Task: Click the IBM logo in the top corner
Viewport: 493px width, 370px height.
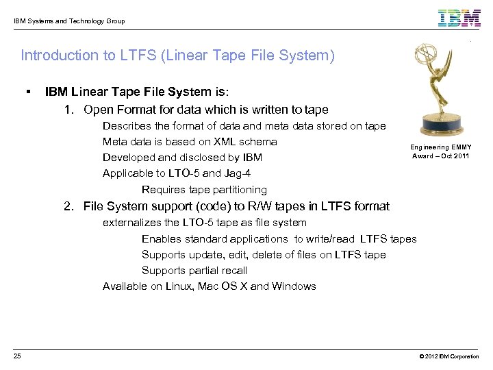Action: [x=459, y=18]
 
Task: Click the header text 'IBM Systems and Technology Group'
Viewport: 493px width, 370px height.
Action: [x=69, y=21]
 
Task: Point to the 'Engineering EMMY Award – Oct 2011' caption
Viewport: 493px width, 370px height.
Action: [x=440, y=151]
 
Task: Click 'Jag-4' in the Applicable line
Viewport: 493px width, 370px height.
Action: [x=236, y=173]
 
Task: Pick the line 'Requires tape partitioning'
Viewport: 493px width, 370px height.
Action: [x=204, y=190]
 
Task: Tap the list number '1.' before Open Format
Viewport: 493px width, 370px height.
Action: [x=69, y=110]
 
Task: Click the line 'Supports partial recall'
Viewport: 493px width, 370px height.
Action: [x=185, y=271]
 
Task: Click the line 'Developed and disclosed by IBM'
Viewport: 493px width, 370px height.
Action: [x=182, y=158]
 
